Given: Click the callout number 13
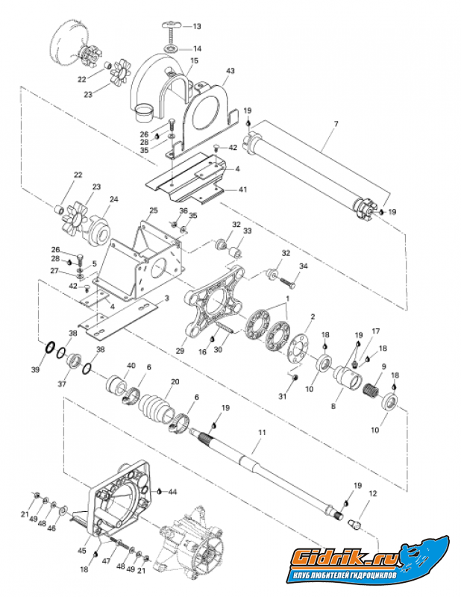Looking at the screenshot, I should [197, 26].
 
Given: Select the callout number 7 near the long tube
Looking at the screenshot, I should [336, 124].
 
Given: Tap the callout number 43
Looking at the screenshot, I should [230, 71].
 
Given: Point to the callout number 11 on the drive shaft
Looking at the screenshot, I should [261, 432].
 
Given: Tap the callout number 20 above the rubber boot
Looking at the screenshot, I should [175, 382].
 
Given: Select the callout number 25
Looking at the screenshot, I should [153, 210].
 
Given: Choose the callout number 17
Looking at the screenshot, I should [376, 331].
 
